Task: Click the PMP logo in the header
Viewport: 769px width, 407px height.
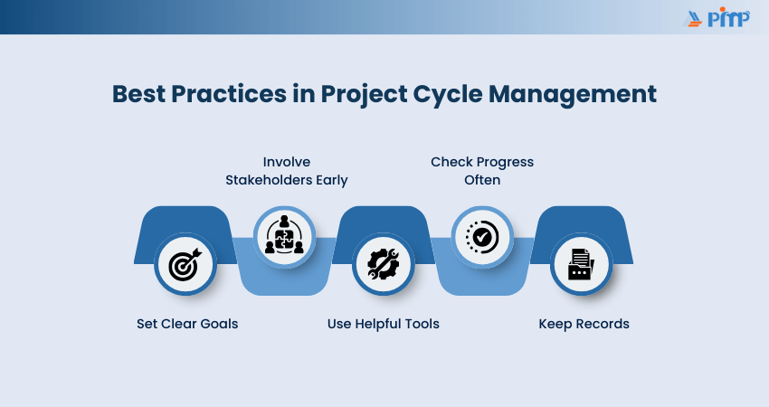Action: coord(716,17)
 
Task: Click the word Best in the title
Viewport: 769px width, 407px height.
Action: coord(138,94)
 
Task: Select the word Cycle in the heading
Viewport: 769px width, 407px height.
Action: coord(448,95)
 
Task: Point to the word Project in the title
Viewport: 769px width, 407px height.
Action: coord(364,95)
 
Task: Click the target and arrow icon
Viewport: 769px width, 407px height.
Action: coord(185,264)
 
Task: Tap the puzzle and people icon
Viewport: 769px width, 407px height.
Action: coord(284,234)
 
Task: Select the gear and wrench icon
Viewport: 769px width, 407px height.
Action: coord(384,264)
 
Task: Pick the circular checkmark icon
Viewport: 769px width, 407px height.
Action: coord(482,237)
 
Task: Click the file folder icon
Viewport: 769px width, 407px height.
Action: coord(581,264)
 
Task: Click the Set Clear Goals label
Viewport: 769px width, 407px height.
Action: coord(187,324)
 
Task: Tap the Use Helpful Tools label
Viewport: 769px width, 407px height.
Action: coord(383,324)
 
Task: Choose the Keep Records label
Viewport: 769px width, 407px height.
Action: coord(584,324)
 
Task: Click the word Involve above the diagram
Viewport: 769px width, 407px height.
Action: coord(287,162)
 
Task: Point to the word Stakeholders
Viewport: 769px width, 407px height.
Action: coord(269,180)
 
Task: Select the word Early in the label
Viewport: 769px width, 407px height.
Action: coord(332,181)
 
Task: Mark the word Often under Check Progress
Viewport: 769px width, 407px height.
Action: coord(482,180)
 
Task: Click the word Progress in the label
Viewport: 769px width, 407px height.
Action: coord(505,162)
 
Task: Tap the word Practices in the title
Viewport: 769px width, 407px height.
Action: coord(229,94)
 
